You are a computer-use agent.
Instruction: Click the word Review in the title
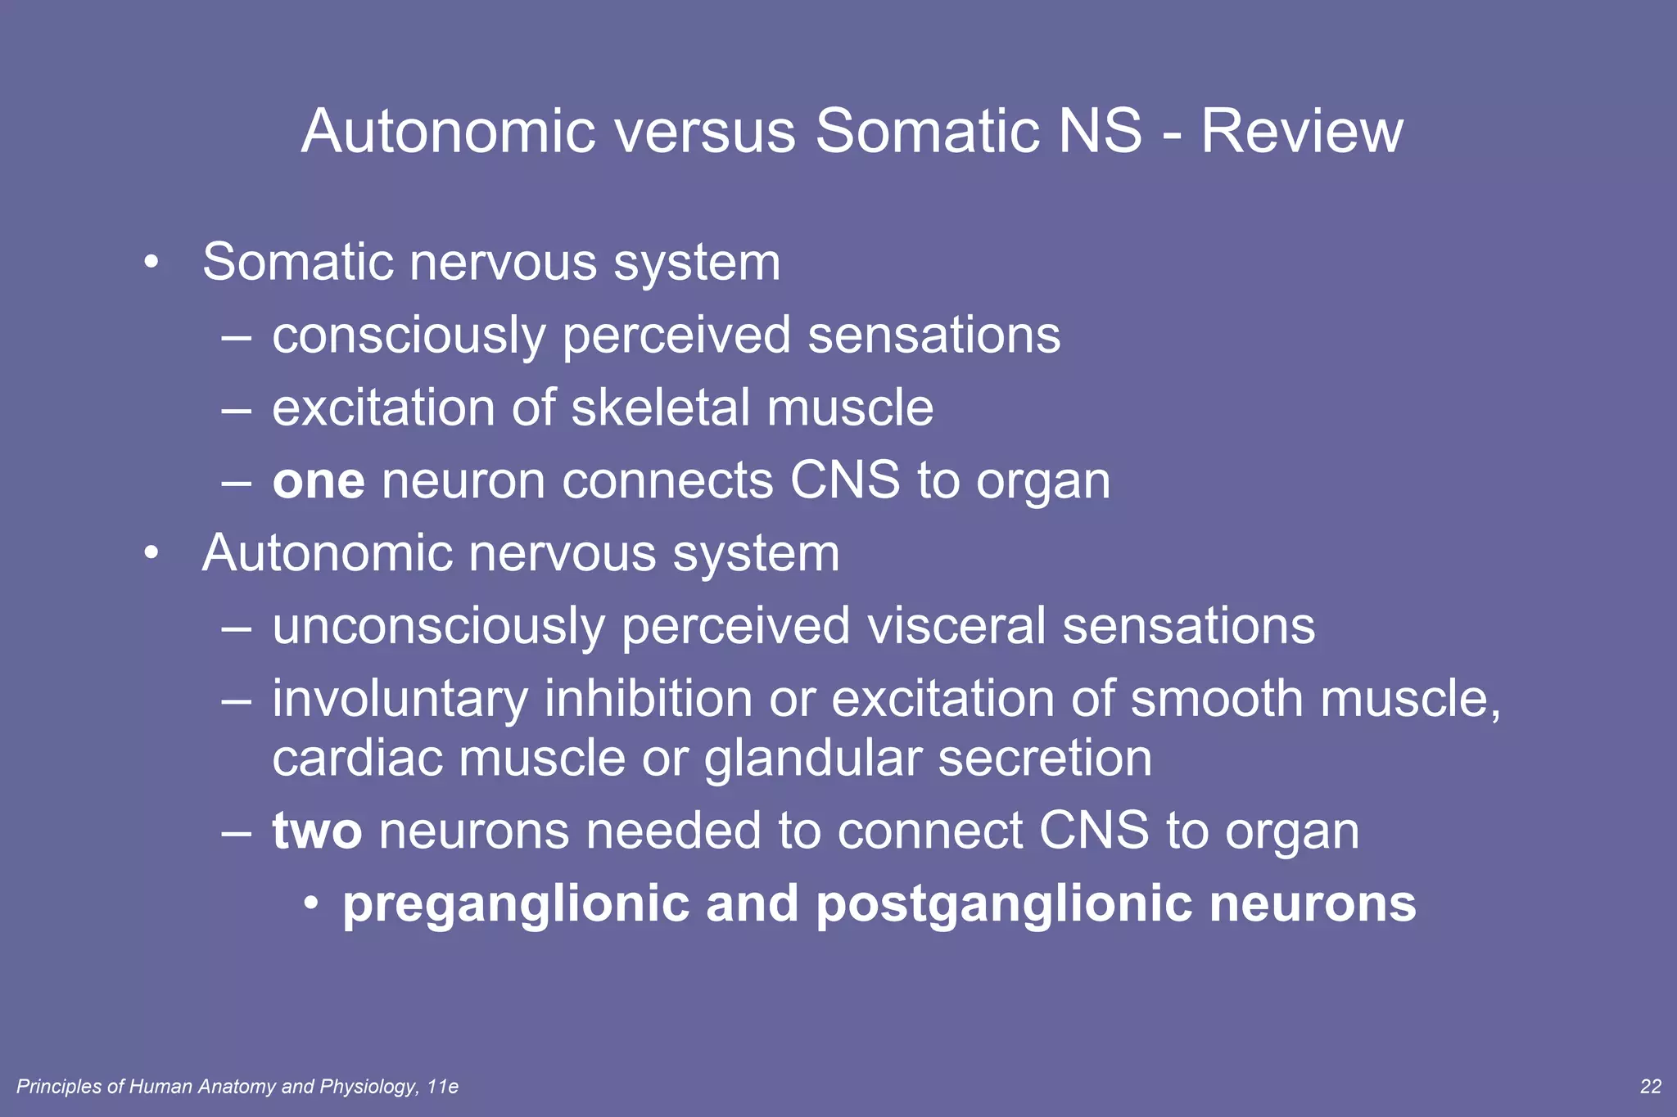(x=1301, y=131)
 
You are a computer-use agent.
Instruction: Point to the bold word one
(x=319, y=481)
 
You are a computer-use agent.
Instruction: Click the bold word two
(x=317, y=831)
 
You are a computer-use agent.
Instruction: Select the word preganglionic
(x=516, y=905)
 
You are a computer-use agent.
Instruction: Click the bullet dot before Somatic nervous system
(x=151, y=263)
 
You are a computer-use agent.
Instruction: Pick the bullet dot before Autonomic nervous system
(x=151, y=554)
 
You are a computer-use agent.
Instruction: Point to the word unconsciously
(x=438, y=627)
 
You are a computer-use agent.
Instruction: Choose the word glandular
(x=812, y=759)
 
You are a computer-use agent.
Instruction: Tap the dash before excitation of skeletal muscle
(x=236, y=408)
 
